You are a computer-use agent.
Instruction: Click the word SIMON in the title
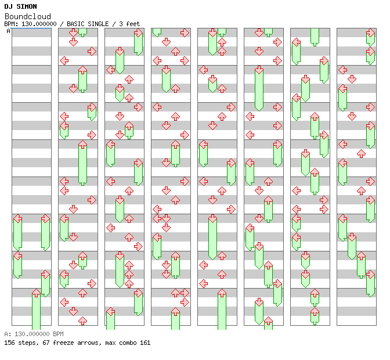[x=26, y=7]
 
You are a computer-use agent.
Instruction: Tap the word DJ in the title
[x=8, y=7]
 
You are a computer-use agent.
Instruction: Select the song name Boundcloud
[x=27, y=16]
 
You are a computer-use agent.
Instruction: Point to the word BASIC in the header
[x=76, y=24]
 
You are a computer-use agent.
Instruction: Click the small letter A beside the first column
[x=9, y=31]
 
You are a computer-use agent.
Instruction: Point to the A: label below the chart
[x=8, y=334]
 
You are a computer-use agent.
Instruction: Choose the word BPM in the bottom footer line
[x=57, y=334]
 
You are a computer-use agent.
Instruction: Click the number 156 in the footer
[x=9, y=343]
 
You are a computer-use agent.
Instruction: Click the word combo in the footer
[x=126, y=343]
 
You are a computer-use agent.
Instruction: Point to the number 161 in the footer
[x=145, y=343]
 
